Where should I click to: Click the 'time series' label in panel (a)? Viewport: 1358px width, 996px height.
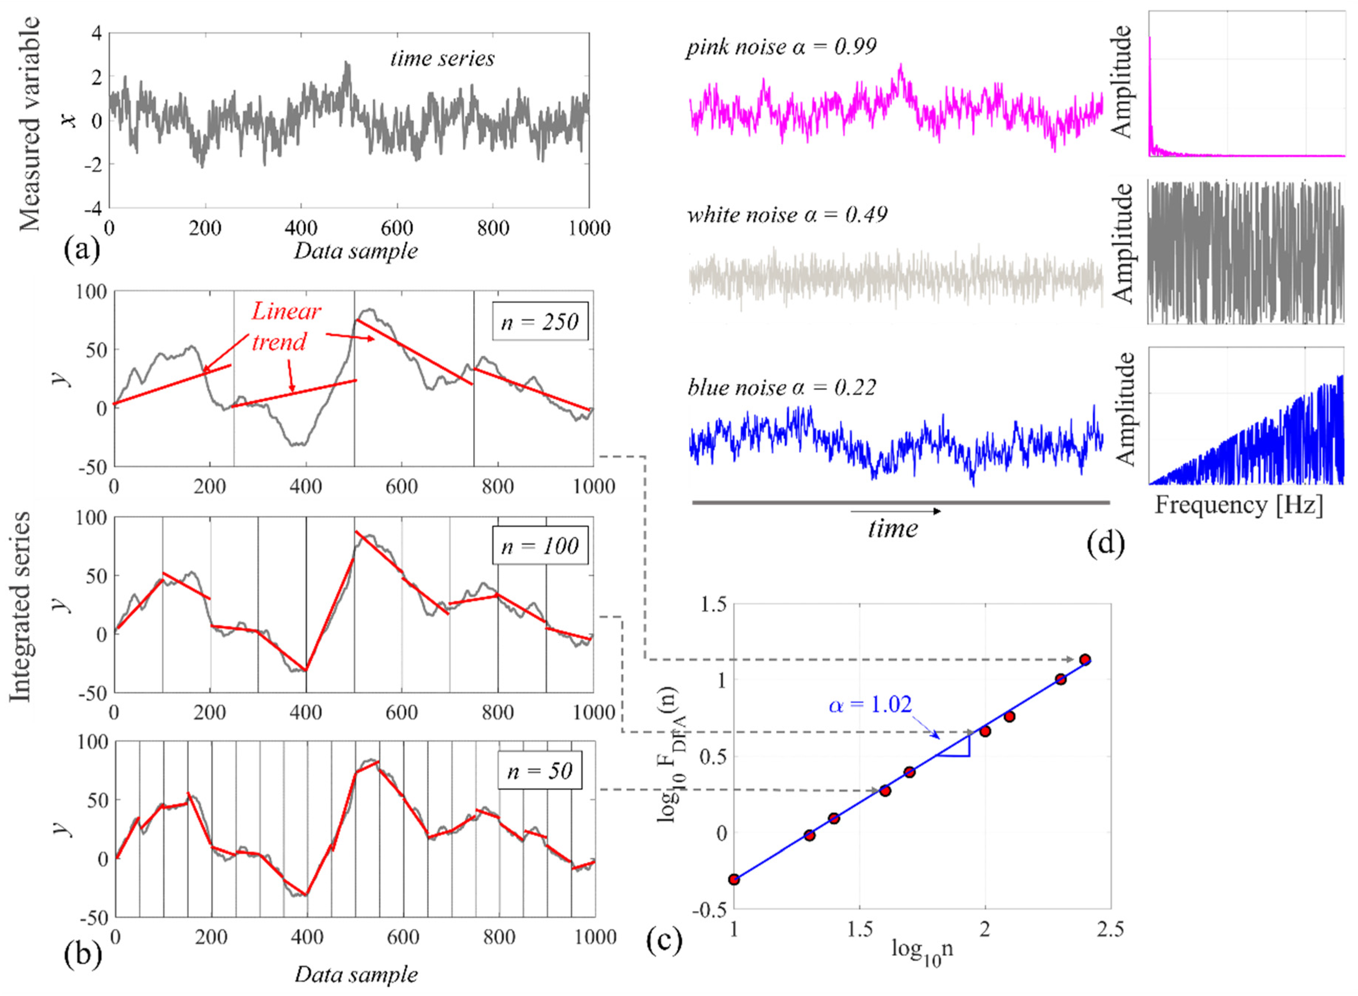click(x=442, y=59)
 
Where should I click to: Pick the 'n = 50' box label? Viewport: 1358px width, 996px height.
click(x=540, y=770)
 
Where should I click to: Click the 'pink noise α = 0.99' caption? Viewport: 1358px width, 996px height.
click(x=781, y=46)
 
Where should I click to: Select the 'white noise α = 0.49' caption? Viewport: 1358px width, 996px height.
click(x=787, y=214)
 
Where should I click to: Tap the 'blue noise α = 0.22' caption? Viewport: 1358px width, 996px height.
click(x=782, y=387)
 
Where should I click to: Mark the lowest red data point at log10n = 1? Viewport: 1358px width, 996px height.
click(x=734, y=879)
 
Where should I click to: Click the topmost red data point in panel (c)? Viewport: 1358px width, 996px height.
click(x=1085, y=659)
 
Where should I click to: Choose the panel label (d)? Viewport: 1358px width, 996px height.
click(x=1105, y=543)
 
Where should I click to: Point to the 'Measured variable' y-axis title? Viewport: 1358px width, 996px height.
click(x=29, y=124)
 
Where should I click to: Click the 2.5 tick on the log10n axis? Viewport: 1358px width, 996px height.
click(x=1110, y=930)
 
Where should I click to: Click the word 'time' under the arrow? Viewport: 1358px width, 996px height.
click(x=893, y=529)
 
